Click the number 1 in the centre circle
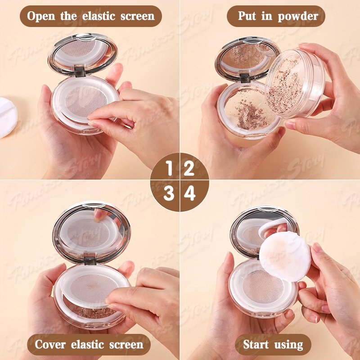point(170,168)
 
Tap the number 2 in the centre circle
point(189,168)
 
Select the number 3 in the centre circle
point(169,193)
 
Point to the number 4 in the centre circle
point(190,193)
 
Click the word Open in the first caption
point(41,16)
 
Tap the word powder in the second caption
point(298,17)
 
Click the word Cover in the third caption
point(50,344)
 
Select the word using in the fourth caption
point(288,345)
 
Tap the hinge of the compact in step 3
point(90,261)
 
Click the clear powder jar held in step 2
point(295,84)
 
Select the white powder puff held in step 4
point(285,256)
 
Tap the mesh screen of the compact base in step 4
point(262,287)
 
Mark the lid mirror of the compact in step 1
point(83,54)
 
